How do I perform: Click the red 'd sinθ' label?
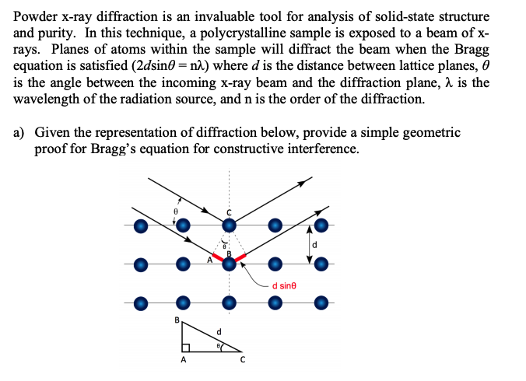[284, 286]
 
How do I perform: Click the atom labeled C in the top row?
[229, 225]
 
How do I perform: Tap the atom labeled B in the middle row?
[229, 264]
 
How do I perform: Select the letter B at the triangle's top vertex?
[177, 320]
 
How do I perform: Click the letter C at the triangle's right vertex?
[243, 360]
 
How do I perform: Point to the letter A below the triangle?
[184, 360]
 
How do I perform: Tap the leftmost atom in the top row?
[140, 225]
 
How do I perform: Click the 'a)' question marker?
[20, 133]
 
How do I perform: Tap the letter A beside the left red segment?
[209, 260]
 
